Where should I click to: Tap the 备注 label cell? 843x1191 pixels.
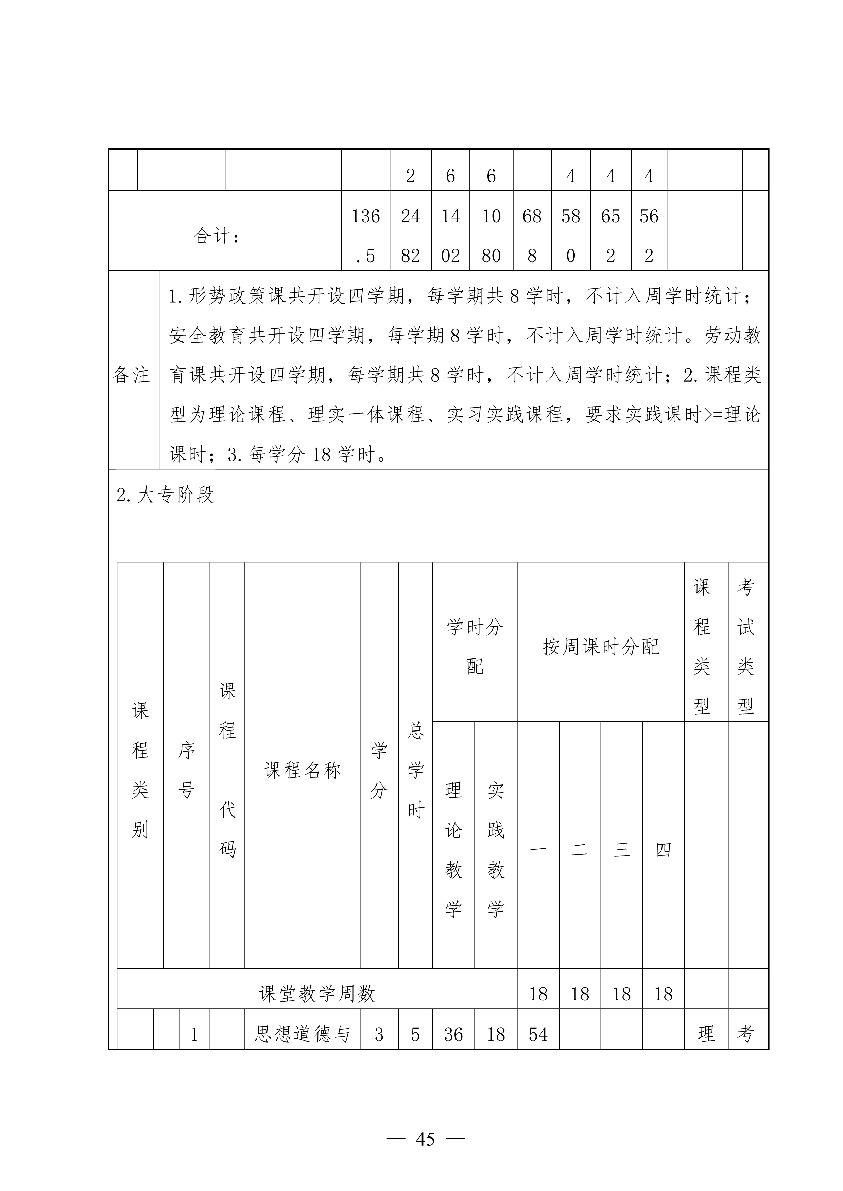tap(131, 375)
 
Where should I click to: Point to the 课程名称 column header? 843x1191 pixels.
tap(302, 770)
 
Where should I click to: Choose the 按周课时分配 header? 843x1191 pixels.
tap(601, 647)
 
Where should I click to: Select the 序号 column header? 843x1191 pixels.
tap(186, 770)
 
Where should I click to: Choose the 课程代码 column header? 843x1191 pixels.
tap(227, 770)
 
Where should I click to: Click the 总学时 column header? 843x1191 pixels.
tap(415, 770)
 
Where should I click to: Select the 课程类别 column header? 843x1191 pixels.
tap(140, 770)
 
